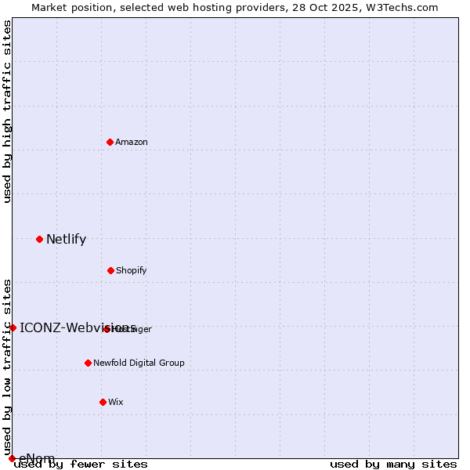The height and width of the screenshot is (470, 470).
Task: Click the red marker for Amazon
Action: [x=110, y=142]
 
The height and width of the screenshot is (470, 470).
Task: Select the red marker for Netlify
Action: [x=39, y=239]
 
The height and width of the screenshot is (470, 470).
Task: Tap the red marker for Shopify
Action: [x=110, y=270]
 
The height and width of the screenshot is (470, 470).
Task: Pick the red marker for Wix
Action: [x=103, y=402]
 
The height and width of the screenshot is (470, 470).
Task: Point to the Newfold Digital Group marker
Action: [x=88, y=363]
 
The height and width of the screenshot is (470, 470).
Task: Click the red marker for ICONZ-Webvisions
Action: [x=13, y=327]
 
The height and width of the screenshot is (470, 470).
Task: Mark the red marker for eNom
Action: [x=12, y=458]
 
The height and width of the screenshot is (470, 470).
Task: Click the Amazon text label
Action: [x=132, y=142]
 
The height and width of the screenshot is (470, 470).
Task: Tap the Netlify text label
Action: [x=66, y=240]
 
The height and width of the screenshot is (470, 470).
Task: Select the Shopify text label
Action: [x=132, y=270]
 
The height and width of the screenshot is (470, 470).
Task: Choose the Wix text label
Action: [x=116, y=402]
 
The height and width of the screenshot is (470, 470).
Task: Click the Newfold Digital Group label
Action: [x=139, y=363]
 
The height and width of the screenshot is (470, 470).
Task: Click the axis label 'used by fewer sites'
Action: [x=81, y=464]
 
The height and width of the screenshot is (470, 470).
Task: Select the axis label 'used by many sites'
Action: [x=393, y=464]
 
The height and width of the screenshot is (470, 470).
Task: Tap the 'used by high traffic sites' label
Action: [x=7, y=111]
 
